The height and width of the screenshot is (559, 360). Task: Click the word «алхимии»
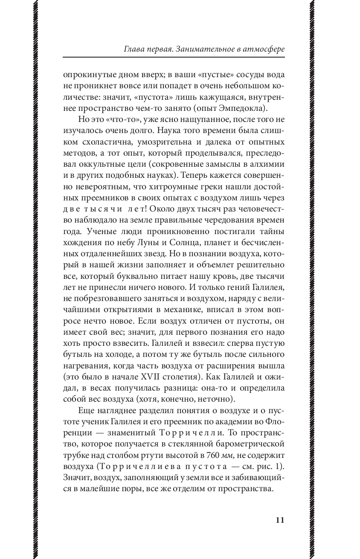pyautogui.click(x=269, y=165)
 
